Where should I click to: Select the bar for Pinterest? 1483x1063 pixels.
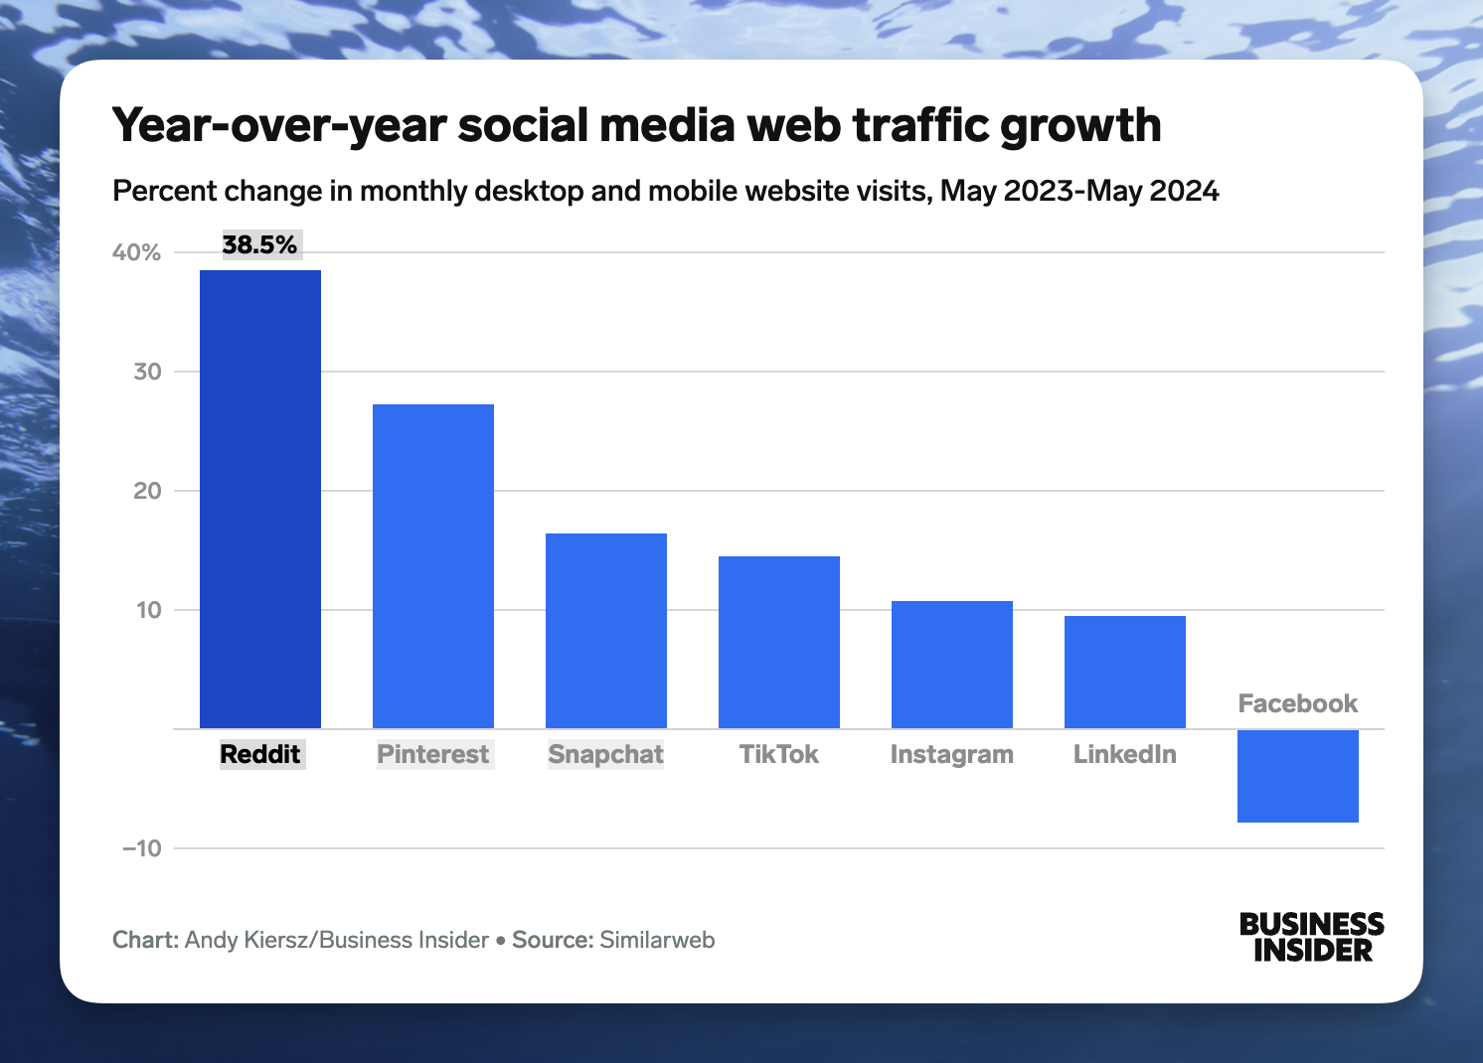point(433,566)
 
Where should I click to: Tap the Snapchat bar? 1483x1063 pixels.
point(606,631)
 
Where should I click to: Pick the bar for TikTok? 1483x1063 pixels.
point(779,642)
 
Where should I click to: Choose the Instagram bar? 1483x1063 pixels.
point(952,665)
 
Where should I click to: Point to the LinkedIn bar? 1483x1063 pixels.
point(1125,672)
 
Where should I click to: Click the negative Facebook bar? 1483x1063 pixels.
point(1298,776)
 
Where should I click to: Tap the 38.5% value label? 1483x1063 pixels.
point(259,245)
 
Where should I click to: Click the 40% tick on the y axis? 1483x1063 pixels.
point(136,252)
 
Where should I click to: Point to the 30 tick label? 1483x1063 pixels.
point(147,372)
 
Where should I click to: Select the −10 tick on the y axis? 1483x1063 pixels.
point(141,848)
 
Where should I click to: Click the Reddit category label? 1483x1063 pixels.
point(260,754)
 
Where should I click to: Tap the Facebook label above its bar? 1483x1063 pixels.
point(1298,703)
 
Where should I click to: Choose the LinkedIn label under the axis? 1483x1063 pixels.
point(1125,754)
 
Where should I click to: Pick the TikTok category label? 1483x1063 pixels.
point(779,754)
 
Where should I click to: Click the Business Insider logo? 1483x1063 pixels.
point(1311,937)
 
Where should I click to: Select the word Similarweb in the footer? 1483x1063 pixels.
point(657,940)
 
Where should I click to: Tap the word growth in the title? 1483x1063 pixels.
point(1080,126)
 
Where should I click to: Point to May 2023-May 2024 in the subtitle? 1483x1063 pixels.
point(1079,191)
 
